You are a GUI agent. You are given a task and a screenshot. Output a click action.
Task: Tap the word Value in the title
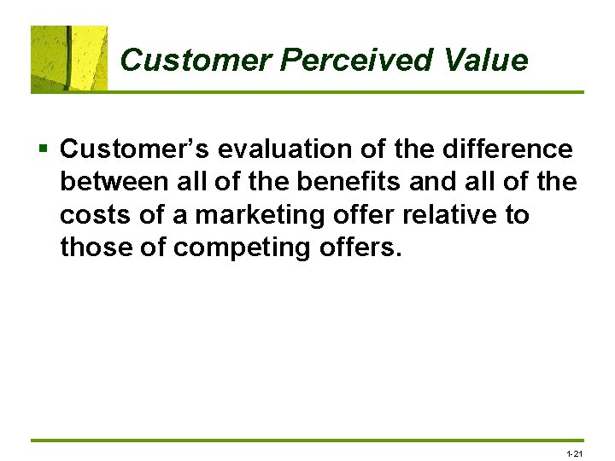point(486,61)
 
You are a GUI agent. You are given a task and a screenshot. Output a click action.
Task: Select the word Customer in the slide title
point(196,61)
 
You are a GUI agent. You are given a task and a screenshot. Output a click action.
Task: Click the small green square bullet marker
point(43,150)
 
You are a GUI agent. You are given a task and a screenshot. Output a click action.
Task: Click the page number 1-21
point(574,452)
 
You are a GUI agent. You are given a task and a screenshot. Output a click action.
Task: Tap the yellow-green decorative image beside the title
point(69,58)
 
